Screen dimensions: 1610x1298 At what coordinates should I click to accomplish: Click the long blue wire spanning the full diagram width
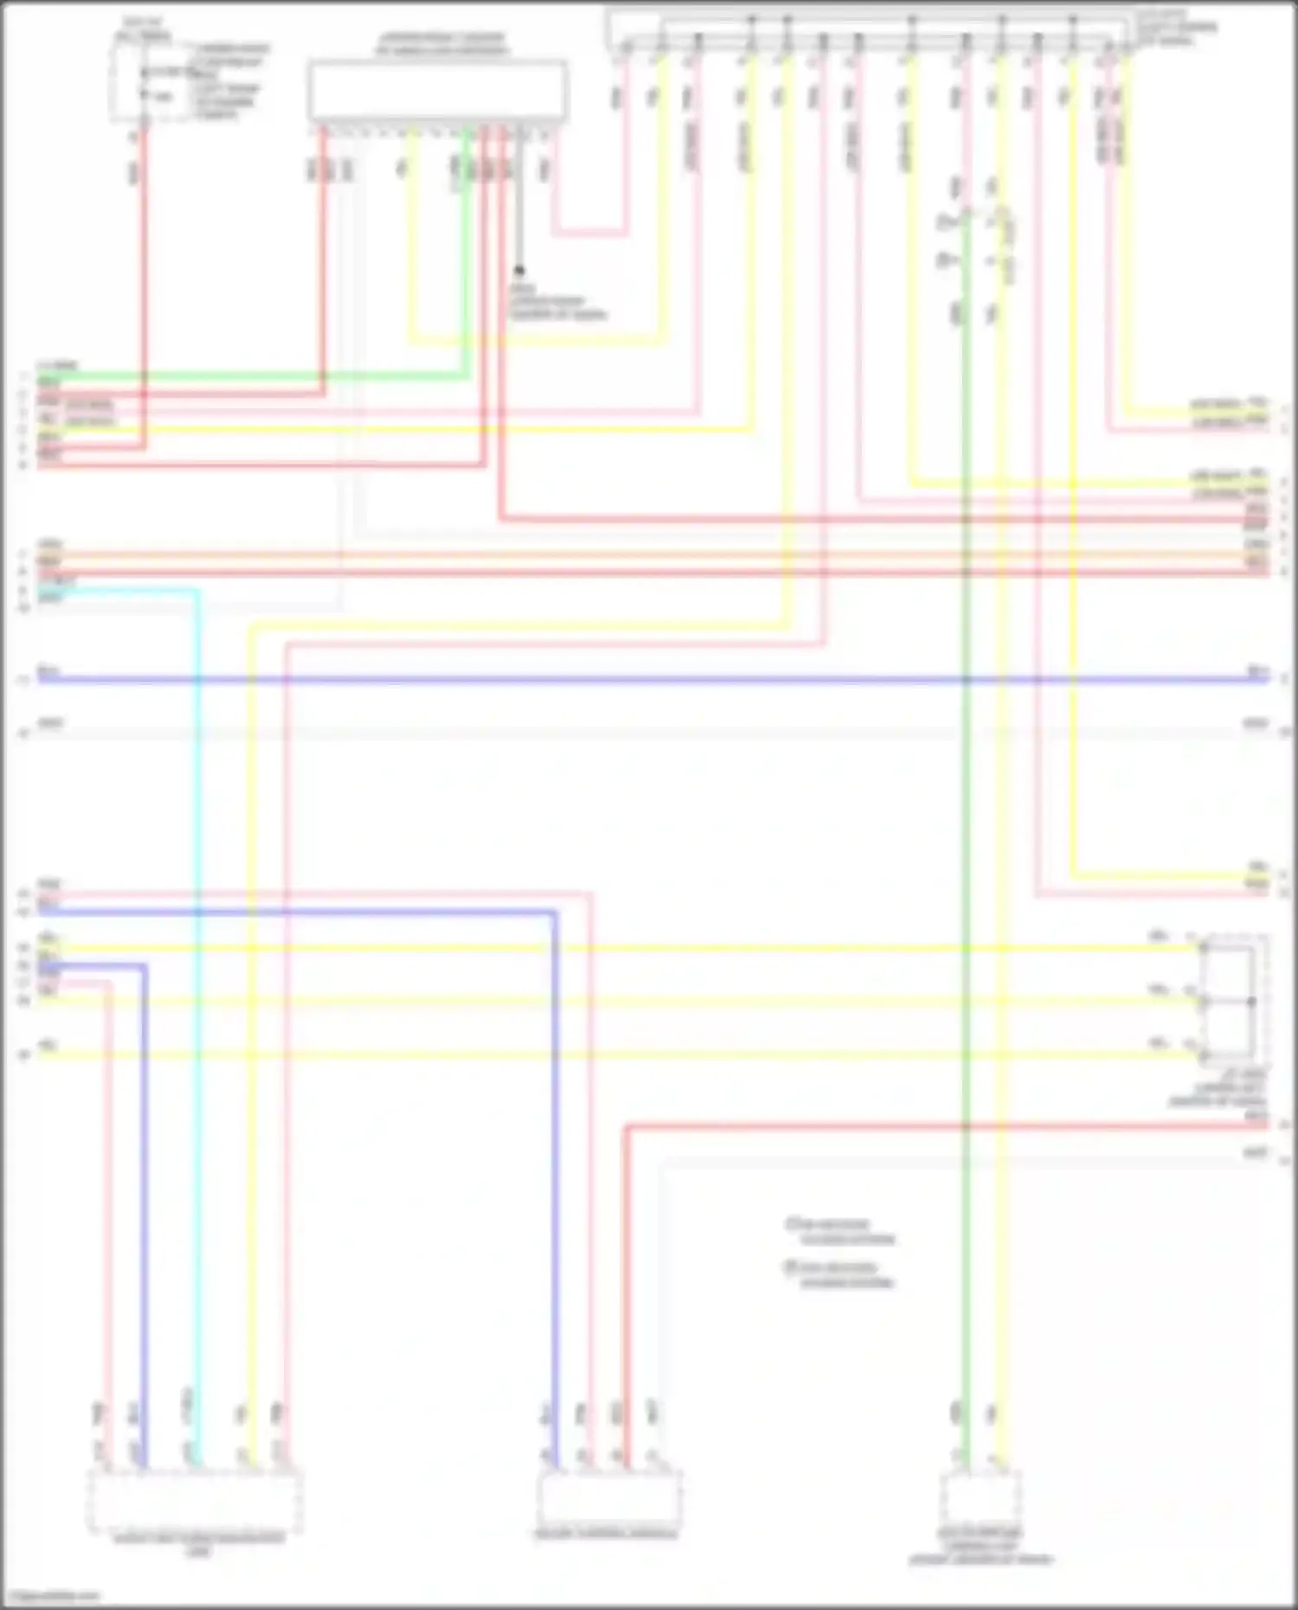click(649, 680)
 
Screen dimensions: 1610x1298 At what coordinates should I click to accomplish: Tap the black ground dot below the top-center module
click(519, 271)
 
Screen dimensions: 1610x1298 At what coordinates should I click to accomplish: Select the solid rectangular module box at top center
click(438, 90)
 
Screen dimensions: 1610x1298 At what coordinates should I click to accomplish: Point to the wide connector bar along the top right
click(870, 31)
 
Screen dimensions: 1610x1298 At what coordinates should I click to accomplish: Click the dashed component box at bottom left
click(194, 1502)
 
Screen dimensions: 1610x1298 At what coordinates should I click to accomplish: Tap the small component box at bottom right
click(980, 1497)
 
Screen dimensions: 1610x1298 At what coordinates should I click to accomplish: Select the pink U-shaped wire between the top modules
click(589, 231)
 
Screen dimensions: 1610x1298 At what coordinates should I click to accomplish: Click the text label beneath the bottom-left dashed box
click(199, 1544)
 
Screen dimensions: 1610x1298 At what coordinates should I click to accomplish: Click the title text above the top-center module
click(441, 44)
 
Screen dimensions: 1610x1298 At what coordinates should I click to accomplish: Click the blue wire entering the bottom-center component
click(554, 1211)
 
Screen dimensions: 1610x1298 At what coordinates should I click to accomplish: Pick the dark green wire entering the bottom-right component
click(966, 1211)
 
